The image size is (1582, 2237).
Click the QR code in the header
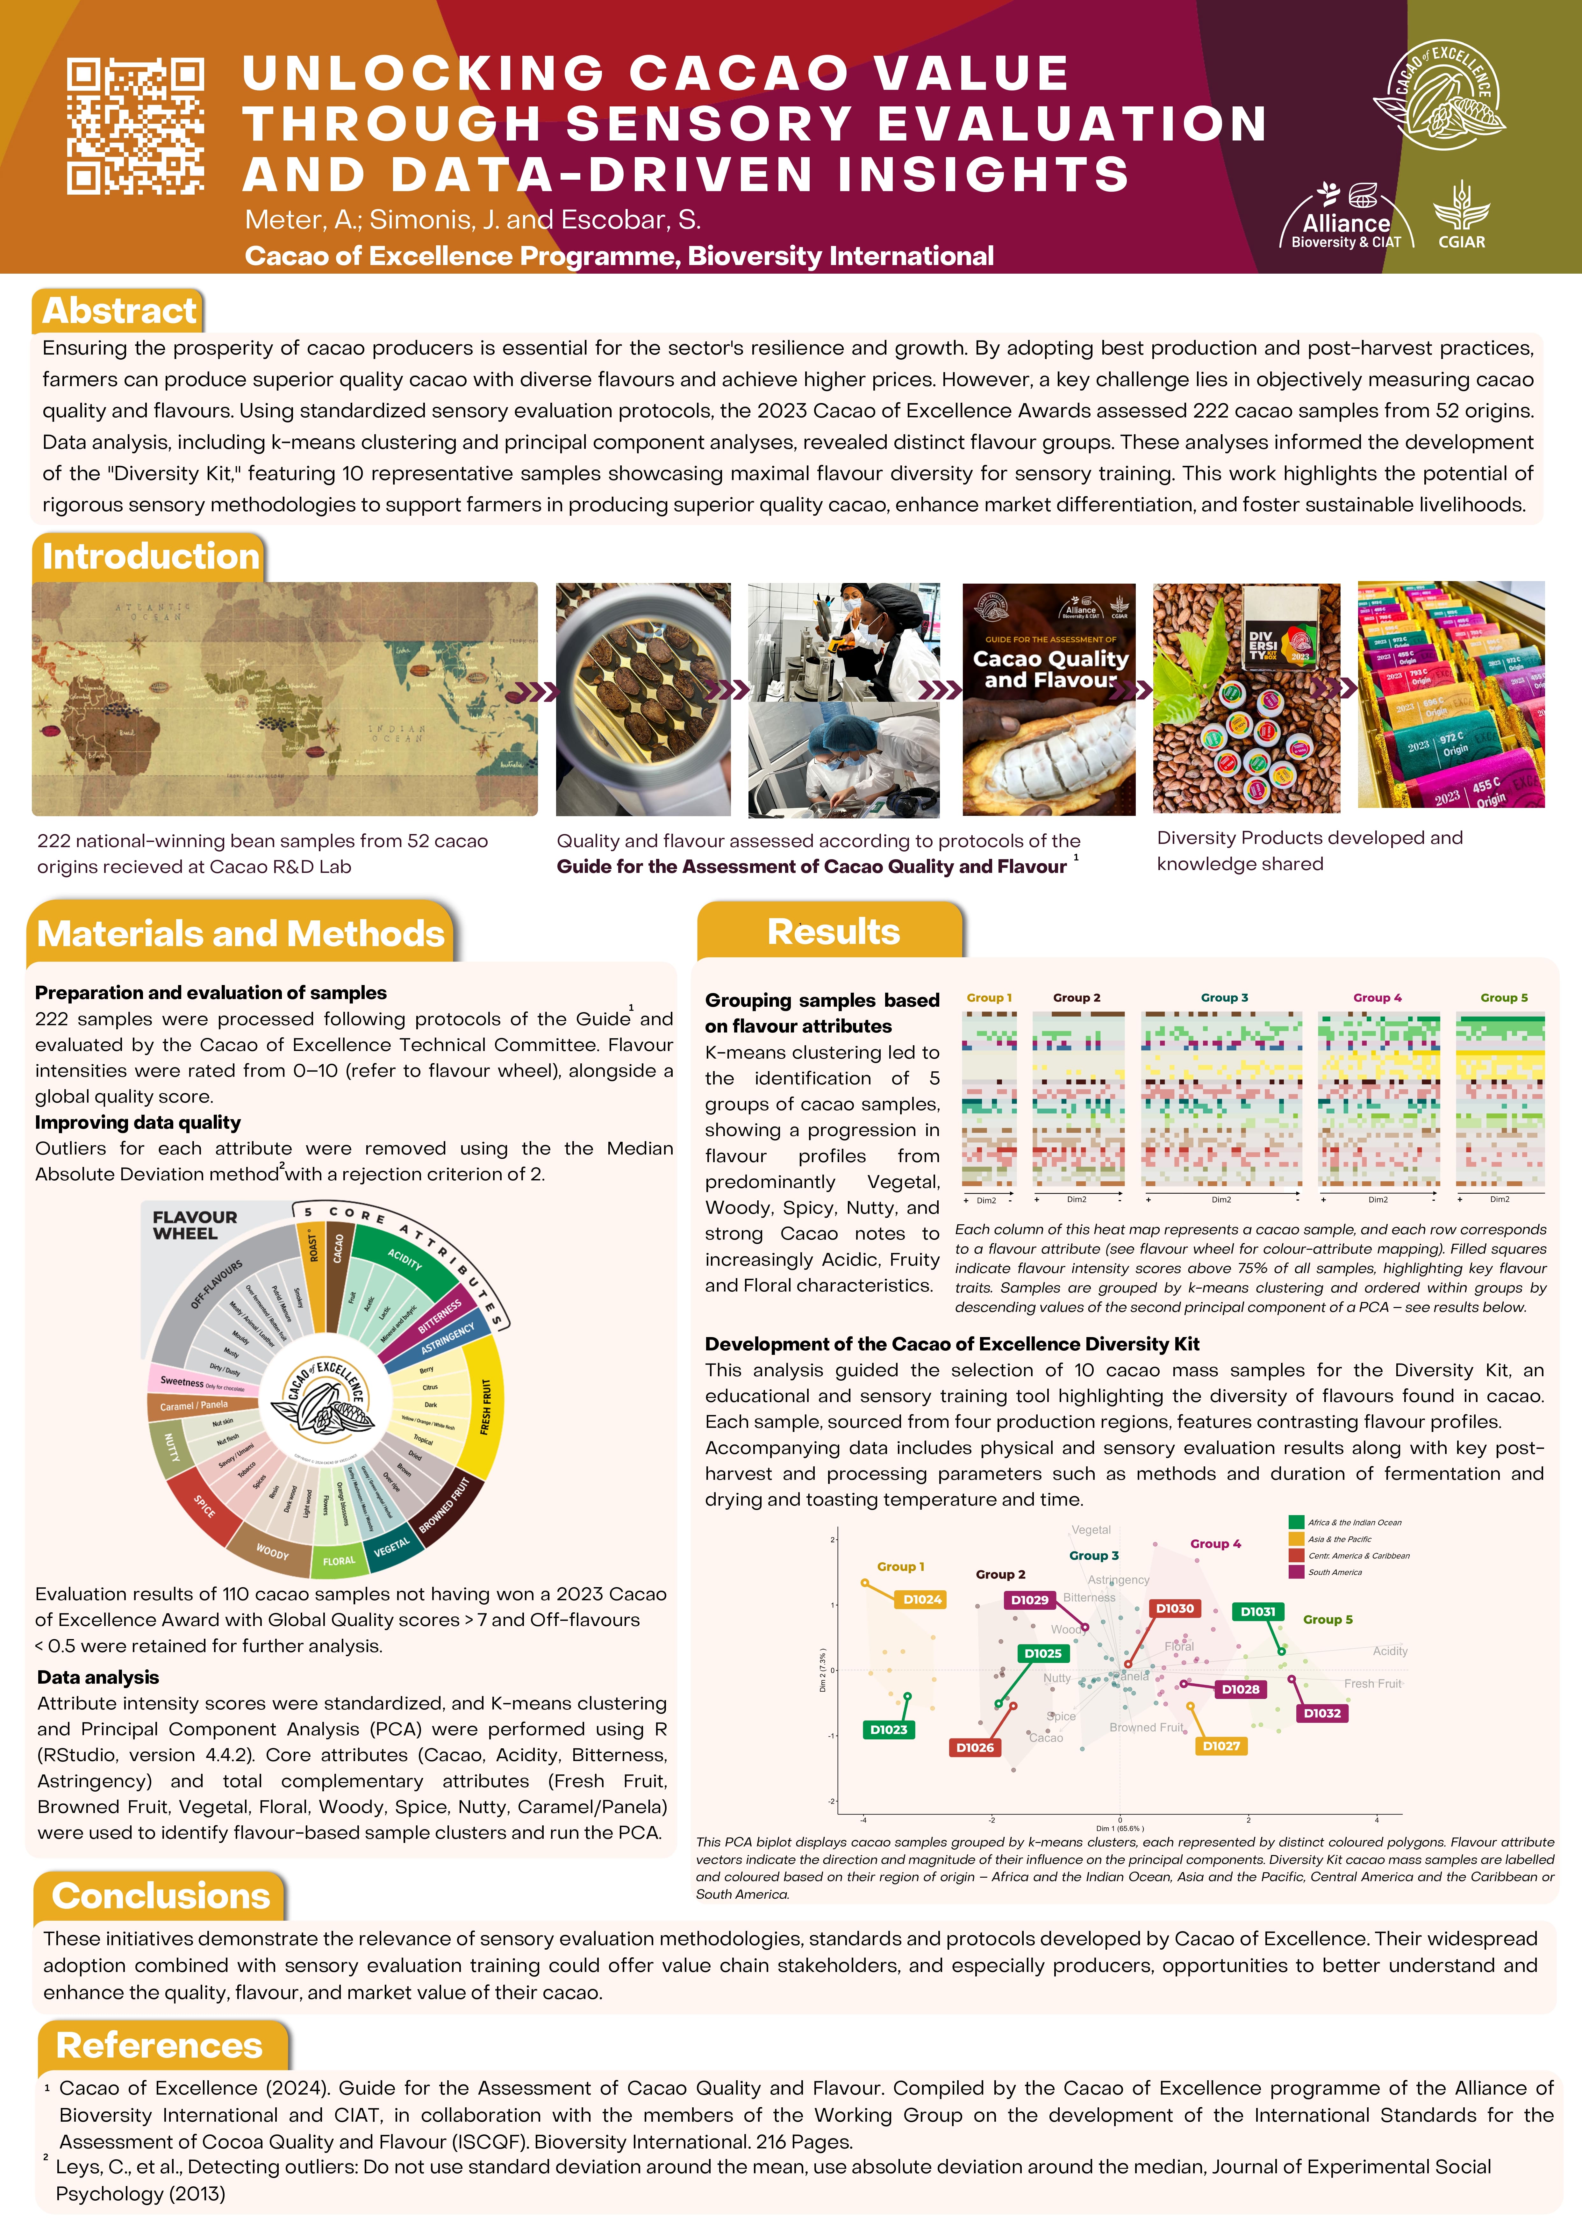point(135,126)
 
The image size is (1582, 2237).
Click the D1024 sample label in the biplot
point(921,1599)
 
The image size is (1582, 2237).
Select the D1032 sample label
point(1322,1713)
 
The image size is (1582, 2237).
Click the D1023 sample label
point(888,1730)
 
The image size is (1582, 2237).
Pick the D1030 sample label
point(1174,1608)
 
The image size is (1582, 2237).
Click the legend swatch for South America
point(1296,1572)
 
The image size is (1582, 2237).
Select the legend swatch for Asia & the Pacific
point(1296,1538)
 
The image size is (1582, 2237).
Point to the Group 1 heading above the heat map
point(989,998)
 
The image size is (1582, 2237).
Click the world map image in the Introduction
point(284,699)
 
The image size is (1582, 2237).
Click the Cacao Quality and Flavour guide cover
point(1048,699)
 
